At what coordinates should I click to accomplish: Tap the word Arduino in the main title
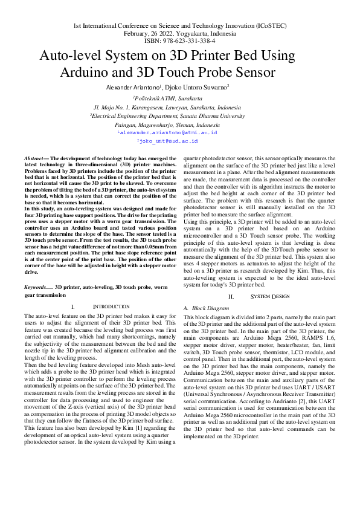pos(90,73)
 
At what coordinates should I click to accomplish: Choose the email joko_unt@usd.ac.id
pos(169,140)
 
